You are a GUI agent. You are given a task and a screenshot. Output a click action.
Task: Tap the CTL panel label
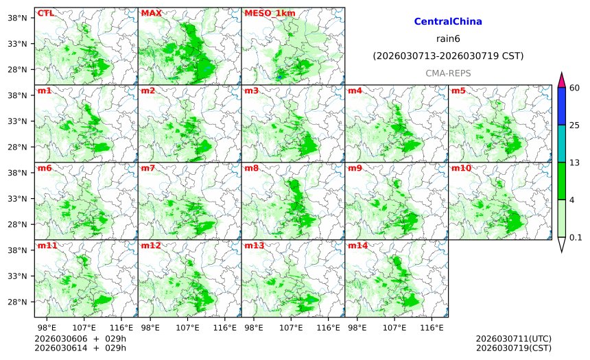(x=45, y=13)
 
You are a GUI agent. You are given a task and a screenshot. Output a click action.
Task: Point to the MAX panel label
(x=151, y=13)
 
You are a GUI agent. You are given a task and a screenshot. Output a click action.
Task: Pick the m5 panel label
(x=458, y=91)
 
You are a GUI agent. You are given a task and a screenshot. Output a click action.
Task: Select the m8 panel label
(x=251, y=168)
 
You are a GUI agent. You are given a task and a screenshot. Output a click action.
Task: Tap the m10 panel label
(x=460, y=168)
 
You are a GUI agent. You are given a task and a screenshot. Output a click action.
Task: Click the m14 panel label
(x=357, y=245)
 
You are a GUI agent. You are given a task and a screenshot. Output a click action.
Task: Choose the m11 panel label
(x=46, y=245)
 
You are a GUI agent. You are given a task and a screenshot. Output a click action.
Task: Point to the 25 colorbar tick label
(x=575, y=125)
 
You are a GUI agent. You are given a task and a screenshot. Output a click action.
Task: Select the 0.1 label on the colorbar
(x=576, y=237)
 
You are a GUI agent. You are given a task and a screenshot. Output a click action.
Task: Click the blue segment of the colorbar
(x=561, y=106)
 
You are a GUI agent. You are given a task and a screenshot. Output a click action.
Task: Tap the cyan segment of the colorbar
(x=561, y=143)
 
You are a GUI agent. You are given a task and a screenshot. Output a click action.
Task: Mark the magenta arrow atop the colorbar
(x=561, y=80)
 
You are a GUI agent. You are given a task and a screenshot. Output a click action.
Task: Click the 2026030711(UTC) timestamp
(x=513, y=339)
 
